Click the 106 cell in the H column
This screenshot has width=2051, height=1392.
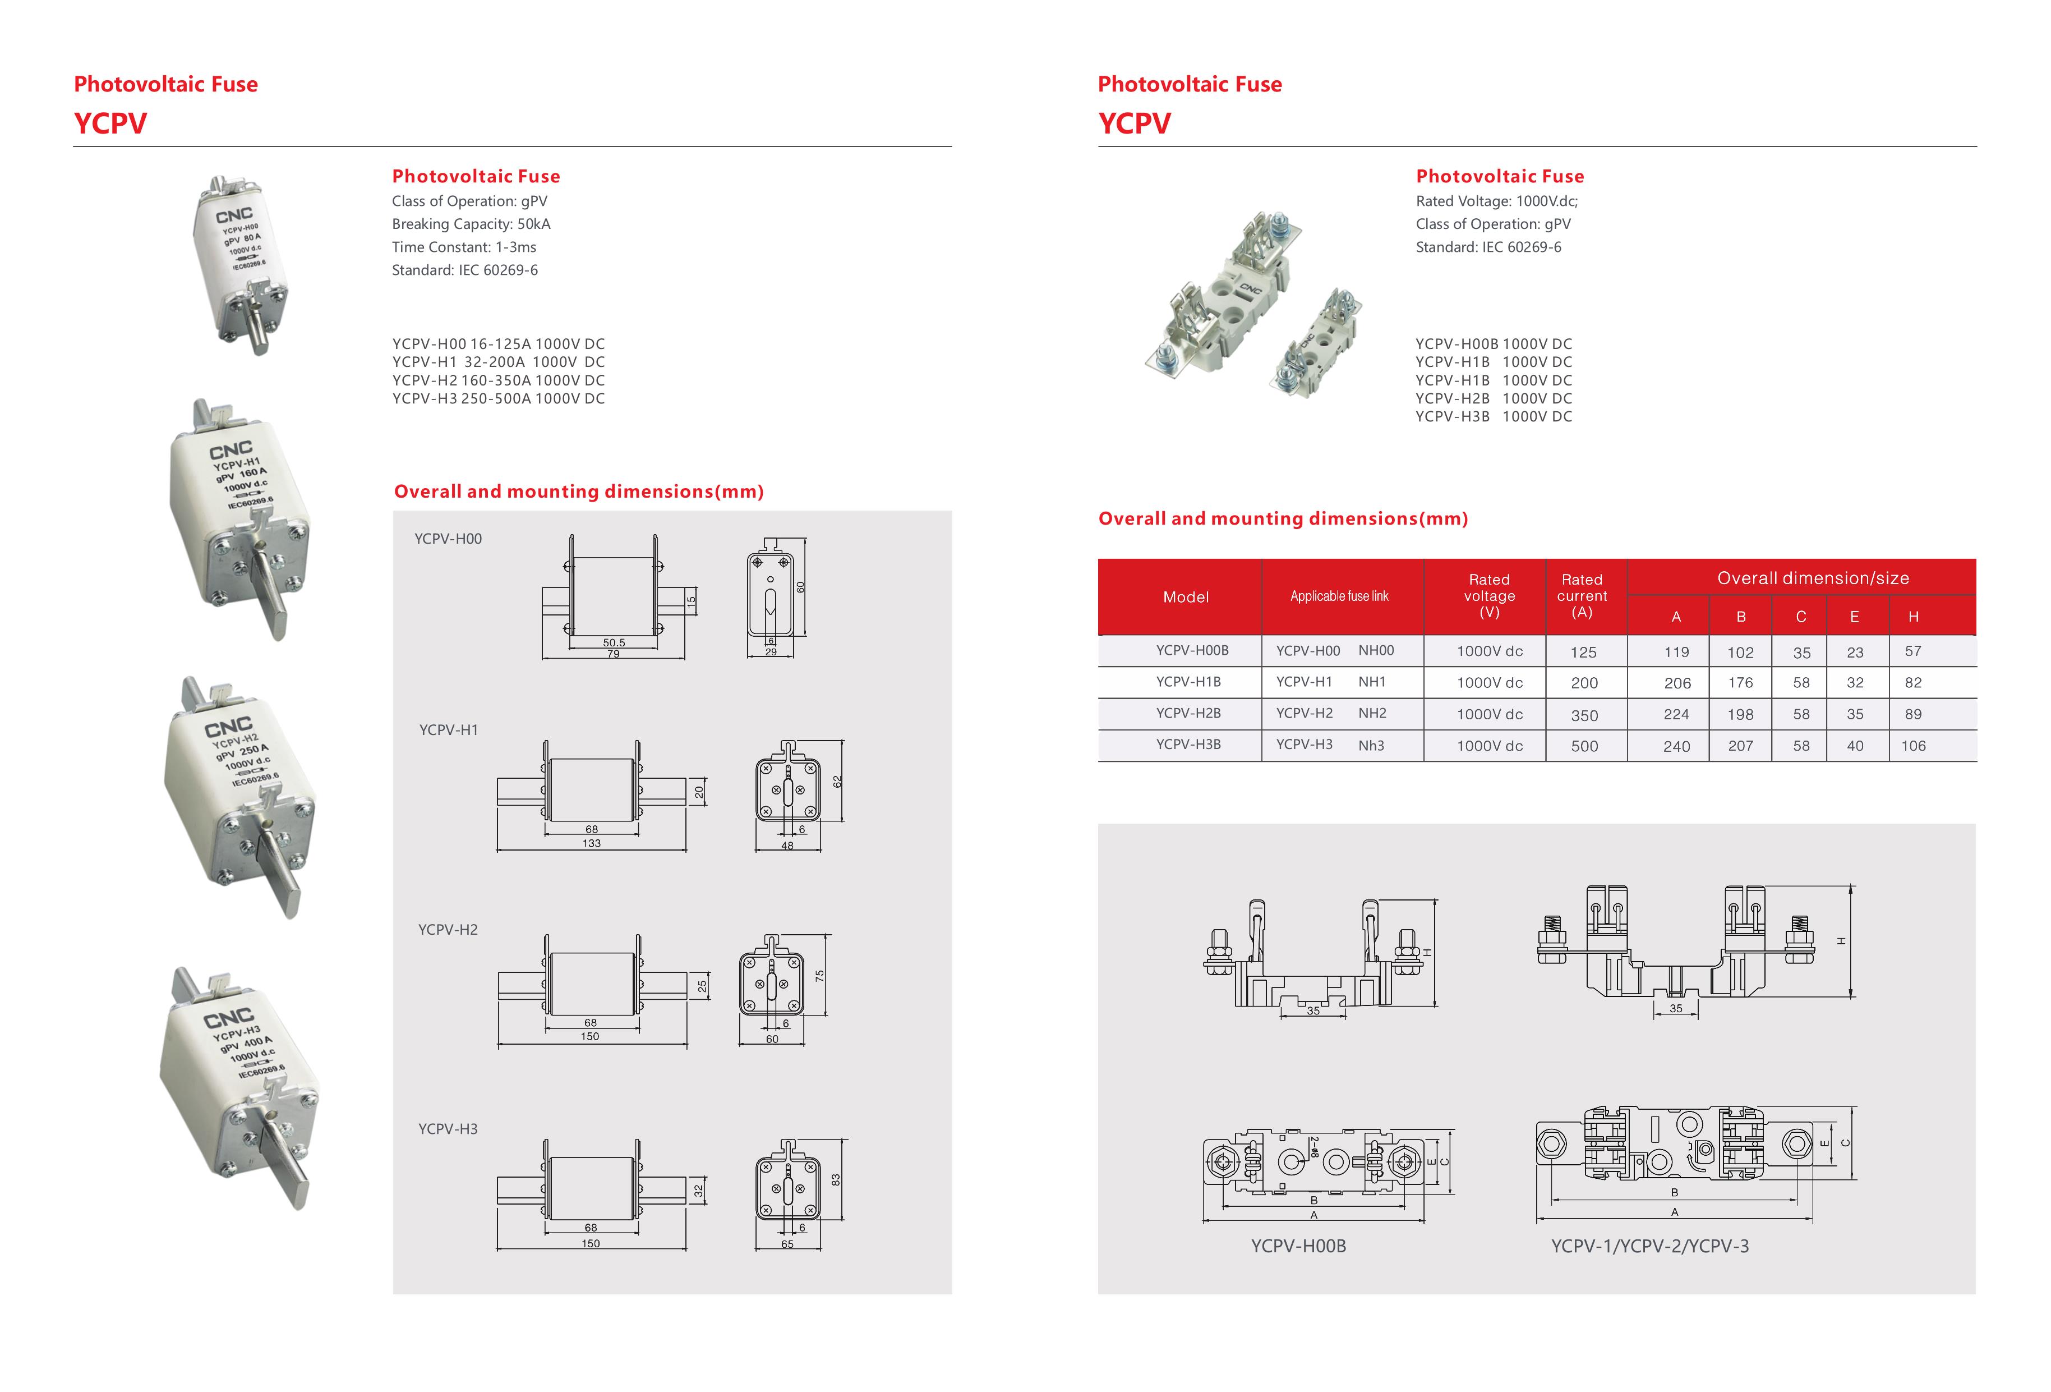pos(1912,746)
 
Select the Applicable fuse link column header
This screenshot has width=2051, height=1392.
pos(1339,597)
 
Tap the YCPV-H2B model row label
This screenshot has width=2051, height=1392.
pos(1188,713)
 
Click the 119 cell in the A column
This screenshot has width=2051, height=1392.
pos(1676,653)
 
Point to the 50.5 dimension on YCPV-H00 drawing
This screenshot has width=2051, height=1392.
pos(614,642)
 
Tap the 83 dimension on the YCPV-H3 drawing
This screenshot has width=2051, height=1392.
pos(836,1179)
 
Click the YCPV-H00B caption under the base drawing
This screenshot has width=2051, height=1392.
pos(1298,1246)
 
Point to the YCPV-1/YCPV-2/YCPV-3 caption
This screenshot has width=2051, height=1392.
pos(1649,1246)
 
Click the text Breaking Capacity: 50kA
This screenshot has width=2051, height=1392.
pos(471,224)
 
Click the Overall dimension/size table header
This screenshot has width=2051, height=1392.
pos(1813,578)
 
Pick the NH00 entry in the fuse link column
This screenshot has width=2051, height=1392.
pos(1376,650)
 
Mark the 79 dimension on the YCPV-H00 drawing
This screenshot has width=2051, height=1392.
pos(614,654)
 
